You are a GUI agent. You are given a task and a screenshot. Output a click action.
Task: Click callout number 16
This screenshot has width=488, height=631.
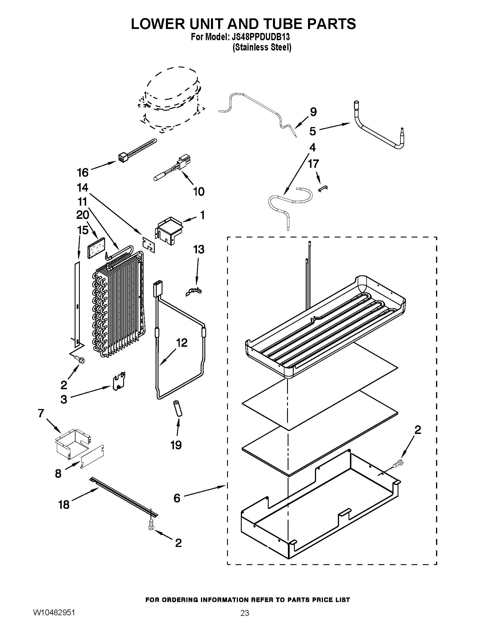83,172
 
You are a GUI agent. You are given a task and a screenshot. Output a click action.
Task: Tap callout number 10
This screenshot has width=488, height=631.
199,191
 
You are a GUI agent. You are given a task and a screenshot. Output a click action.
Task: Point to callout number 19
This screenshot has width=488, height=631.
176,445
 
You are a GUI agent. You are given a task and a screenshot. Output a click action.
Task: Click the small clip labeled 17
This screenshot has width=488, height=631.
323,188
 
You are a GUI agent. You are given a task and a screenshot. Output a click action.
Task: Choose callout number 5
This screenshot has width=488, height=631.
313,131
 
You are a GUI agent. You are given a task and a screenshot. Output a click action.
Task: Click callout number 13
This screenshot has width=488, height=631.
199,249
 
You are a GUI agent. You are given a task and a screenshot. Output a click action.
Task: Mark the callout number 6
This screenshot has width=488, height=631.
177,498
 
